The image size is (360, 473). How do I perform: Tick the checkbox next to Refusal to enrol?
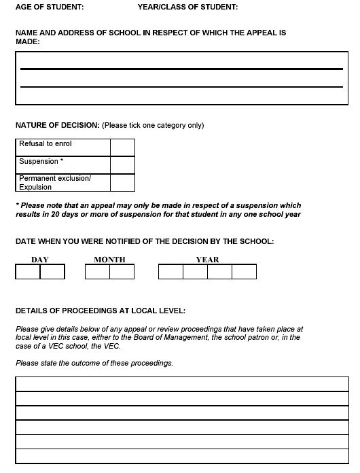[122, 147]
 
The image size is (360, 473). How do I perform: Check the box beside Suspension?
[122, 164]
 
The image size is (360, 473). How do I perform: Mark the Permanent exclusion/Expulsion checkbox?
[122, 182]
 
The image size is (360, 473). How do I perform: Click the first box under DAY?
[28, 272]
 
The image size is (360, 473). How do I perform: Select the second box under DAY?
[52, 272]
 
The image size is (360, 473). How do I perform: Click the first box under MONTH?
[97, 272]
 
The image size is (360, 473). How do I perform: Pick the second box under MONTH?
[122, 272]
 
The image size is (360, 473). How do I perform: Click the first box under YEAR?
[170, 272]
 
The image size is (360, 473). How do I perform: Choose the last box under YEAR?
[244, 272]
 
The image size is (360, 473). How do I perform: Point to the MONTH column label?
[109, 260]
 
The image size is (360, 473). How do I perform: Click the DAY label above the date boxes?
[40, 260]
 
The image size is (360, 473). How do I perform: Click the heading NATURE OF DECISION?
[58, 125]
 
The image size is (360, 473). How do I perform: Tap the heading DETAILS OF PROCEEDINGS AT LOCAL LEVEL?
[100, 311]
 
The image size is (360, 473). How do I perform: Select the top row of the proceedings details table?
[181, 383]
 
